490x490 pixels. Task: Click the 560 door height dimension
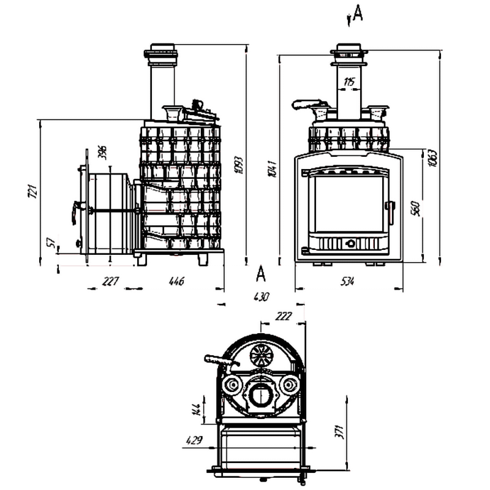click(415, 209)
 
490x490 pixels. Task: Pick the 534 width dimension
click(347, 281)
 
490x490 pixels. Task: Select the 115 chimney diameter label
click(349, 81)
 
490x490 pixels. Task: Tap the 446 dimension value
click(176, 281)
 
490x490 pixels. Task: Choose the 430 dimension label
click(261, 297)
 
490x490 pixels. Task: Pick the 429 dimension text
click(195, 439)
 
